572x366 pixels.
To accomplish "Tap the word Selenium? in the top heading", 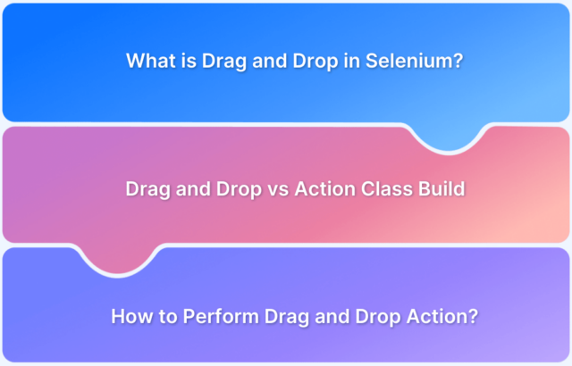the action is [x=414, y=61].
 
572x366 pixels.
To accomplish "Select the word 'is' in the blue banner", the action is [x=189, y=61].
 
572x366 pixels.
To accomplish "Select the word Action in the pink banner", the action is [x=325, y=188].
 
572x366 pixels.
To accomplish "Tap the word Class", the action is [x=387, y=188].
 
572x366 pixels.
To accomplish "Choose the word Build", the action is [x=442, y=188].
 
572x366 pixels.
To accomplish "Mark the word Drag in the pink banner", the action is [x=147, y=190].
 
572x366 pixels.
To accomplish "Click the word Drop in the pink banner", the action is [x=239, y=190].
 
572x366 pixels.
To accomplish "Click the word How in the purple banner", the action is [x=132, y=316].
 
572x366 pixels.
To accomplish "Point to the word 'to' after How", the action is [x=168, y=316].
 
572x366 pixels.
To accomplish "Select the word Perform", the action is [x=221, y=316].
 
